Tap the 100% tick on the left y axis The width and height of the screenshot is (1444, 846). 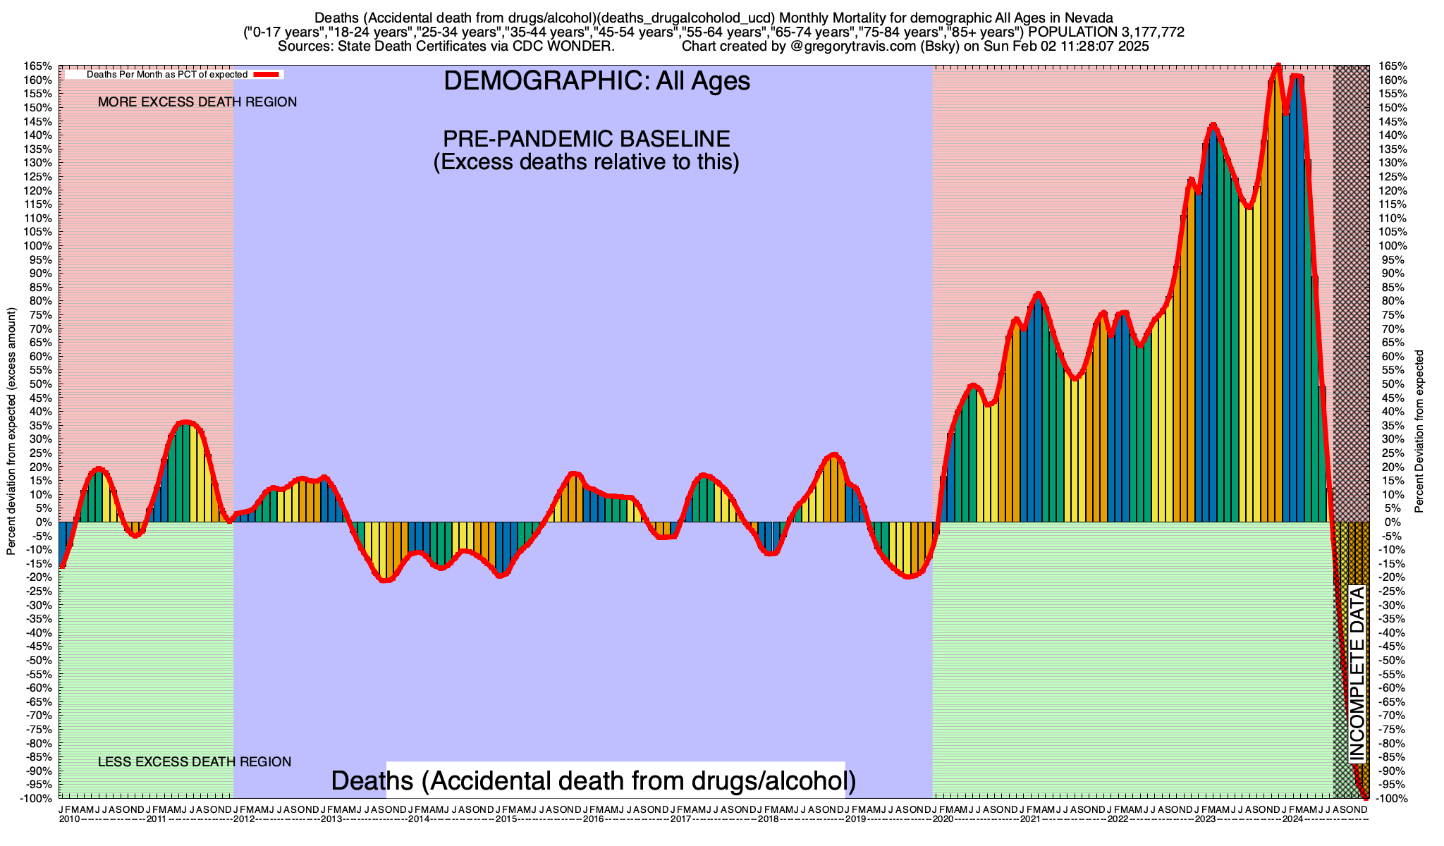click(40, 246)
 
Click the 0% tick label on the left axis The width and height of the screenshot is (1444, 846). click(45, 522)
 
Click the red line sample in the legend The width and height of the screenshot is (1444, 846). click(267, 75)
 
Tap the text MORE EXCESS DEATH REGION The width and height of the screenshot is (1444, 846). click(197, 102)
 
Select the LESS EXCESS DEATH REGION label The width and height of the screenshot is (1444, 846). click(195, 762)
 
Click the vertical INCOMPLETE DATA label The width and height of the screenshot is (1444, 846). click(1357, 674)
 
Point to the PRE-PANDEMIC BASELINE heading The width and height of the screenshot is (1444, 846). click(586, 138)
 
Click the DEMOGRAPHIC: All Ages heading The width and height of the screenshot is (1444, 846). click(596, 81)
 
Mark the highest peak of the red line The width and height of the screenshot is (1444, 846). click(1278, 66)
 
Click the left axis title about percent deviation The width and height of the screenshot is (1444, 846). click(11, 431)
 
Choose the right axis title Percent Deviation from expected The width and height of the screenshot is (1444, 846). click(1419, 431)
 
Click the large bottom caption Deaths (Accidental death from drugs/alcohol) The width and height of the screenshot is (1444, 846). click(594, 780)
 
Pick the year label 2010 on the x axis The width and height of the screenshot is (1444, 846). click(69, 819)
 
